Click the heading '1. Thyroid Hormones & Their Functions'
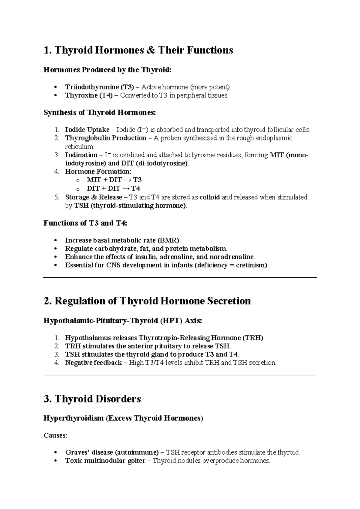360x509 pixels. [x=138, y=50]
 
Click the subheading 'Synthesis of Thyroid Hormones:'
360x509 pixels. [x=100, y=113]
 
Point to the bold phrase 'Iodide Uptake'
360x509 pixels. [x=87, y=130]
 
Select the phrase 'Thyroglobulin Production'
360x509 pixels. [x=106, y=138]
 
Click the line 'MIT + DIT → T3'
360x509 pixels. [x=114, y=180]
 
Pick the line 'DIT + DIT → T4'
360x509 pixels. [x=113, y=188]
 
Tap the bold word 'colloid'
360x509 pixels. [x=209, y=197]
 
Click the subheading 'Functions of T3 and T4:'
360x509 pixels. [x=85, y=223]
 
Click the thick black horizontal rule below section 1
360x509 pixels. [x=180, y=278]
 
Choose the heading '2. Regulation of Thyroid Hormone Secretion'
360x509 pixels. [x=147, y=301]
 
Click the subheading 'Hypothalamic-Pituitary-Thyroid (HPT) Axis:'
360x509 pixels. [x=123, y=321]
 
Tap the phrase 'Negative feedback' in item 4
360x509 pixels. [x=93, y=363]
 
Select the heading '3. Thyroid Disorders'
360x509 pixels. [x=92, y=399]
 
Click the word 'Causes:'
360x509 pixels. [x=55, y=435]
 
